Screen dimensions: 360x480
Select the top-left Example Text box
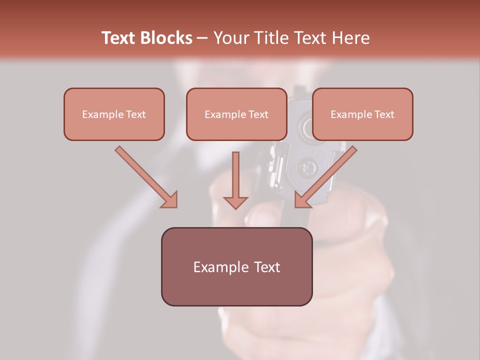114,114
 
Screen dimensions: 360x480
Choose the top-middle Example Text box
236,114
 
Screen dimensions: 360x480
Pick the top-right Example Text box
362,114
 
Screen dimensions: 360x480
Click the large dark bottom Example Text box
236,266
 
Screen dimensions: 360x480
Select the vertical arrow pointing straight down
235,175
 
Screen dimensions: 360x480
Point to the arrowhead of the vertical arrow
235,202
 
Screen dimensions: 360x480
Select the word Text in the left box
136,114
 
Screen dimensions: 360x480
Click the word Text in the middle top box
258,114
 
